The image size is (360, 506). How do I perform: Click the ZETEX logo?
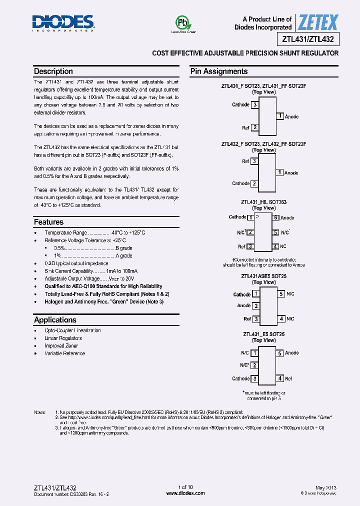click(318, 22)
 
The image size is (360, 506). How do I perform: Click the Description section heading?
click(53, 71)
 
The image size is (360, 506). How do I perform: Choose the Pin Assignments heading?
click(219, 71)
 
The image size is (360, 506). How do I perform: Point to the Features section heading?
click(48, 222)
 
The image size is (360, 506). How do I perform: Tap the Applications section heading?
click(55, 320)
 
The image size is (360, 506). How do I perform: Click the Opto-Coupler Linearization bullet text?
click(72, 330)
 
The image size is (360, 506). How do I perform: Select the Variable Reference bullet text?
click(64, 353)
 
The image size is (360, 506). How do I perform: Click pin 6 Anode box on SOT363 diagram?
click(275, 217)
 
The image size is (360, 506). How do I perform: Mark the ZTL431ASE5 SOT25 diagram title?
click(263, 276)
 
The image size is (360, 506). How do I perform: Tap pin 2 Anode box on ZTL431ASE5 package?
click(255, 306)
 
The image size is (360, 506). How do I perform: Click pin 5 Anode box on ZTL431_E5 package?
click(281, 353)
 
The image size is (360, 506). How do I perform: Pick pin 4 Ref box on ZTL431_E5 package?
click(281, 378)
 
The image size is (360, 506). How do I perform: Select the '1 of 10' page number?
click(185, 487)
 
